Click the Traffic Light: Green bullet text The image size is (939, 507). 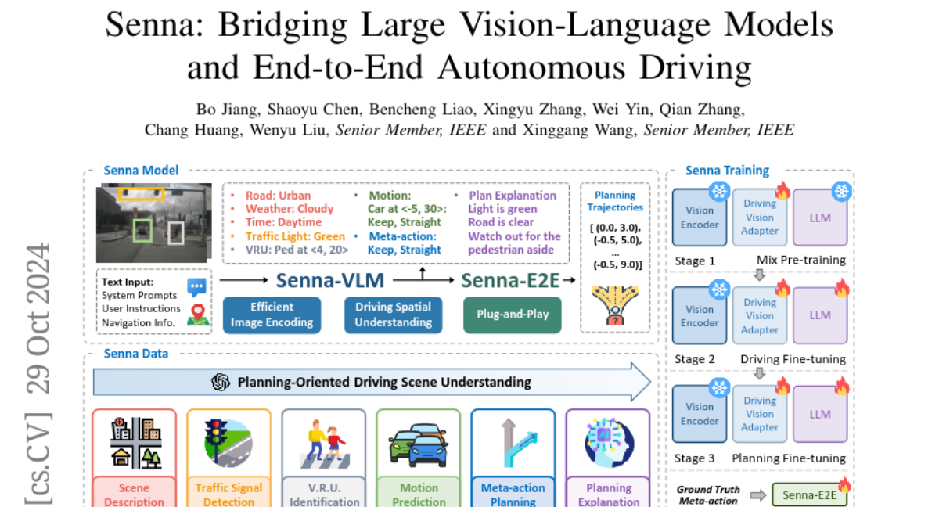295,236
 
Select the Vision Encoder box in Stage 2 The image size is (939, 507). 699,315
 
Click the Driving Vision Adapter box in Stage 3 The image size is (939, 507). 760,414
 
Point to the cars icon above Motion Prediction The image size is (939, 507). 419,444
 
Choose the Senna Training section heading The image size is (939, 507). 727,171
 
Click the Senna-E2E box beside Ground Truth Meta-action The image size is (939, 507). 808,494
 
